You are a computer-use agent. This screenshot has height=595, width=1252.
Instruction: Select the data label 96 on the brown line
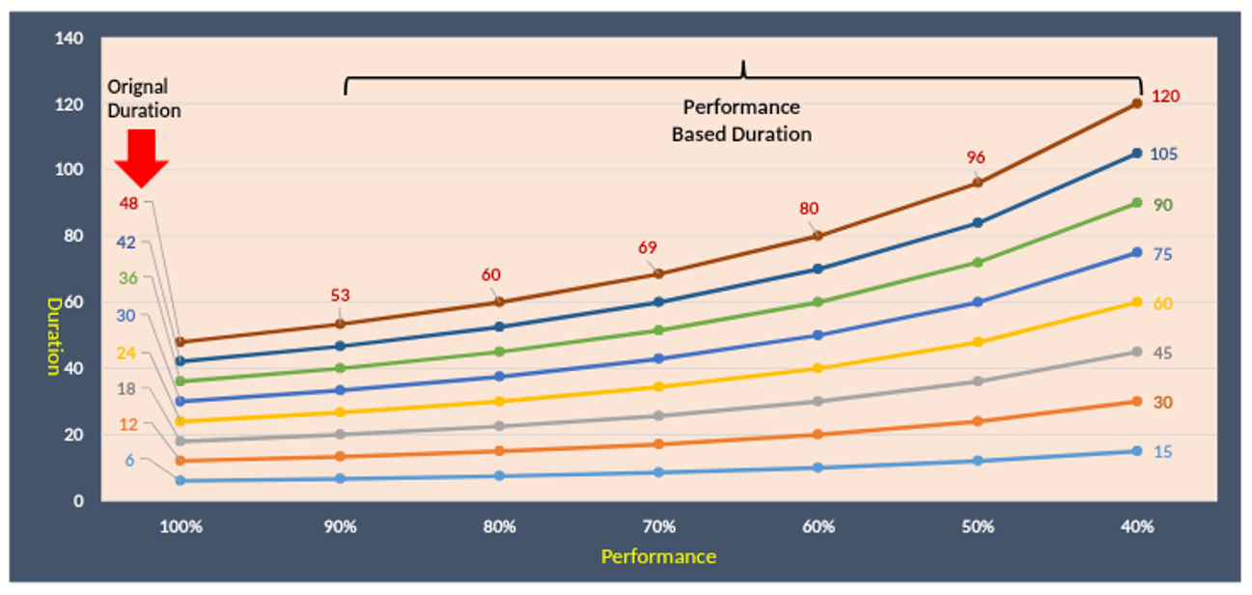pyautogui.click(x=976, y=157)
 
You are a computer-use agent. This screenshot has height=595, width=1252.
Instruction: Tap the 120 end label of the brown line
pyautogui.click(x=1165, y=97)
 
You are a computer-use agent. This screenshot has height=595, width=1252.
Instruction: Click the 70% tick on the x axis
pyautogui.click(x=658, y=527)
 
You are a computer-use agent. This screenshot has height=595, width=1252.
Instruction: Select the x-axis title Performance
pyautogui.click(x=658, y=556)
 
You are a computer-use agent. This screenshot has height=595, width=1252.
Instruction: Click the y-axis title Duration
pyautogui.click(x=54, y=335)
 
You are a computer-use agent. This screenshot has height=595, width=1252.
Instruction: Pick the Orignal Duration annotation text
pyautogui.click(x=144, y=99)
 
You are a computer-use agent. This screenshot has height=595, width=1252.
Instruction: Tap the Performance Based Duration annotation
pyautogui.click(x=741, y=121)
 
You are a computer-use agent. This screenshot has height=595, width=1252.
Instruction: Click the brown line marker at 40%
pyautogui.click(x=1137, y=102)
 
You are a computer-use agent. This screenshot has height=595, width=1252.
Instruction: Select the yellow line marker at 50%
pyautogui.click(x=978, y=342)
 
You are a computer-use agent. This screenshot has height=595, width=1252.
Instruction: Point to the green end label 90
pyautogui.click(x=1162, y=205)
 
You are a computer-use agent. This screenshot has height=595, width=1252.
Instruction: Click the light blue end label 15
pyautogui.click(x=1162, y=452)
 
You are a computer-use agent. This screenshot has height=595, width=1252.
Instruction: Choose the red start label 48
pyautogui.click(x=129, y=203)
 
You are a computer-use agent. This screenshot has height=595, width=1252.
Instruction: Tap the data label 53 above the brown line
pyautogui.click(x=340, y=296)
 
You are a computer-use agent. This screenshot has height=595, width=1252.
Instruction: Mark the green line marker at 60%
pyautogui.click(x=819, y=302)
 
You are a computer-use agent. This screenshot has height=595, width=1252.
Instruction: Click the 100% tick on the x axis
pyautogui.click(x=181, y=527)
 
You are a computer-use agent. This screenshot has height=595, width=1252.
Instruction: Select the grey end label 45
pyautogui.click(x=1162, y=353)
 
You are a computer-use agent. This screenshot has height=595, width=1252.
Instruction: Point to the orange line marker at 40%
pyautogui.click(x=1137, y=402)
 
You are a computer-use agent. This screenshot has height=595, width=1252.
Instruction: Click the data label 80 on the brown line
pyautogui.click(x=809, y=209)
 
